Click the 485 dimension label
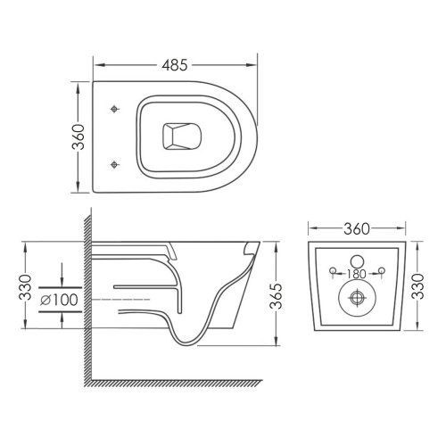[x=175, y=65]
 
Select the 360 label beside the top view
[x=79, y=137]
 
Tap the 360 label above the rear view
[x=357, y=228]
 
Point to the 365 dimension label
[x=277, y=297]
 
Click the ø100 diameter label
[x=59, y=300]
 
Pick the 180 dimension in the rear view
[x=357, y=274]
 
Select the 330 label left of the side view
[x=25, y=287]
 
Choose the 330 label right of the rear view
[x=417, y=286]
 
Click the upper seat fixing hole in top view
[x=114, y=109]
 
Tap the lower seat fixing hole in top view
[x=114, y=164]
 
